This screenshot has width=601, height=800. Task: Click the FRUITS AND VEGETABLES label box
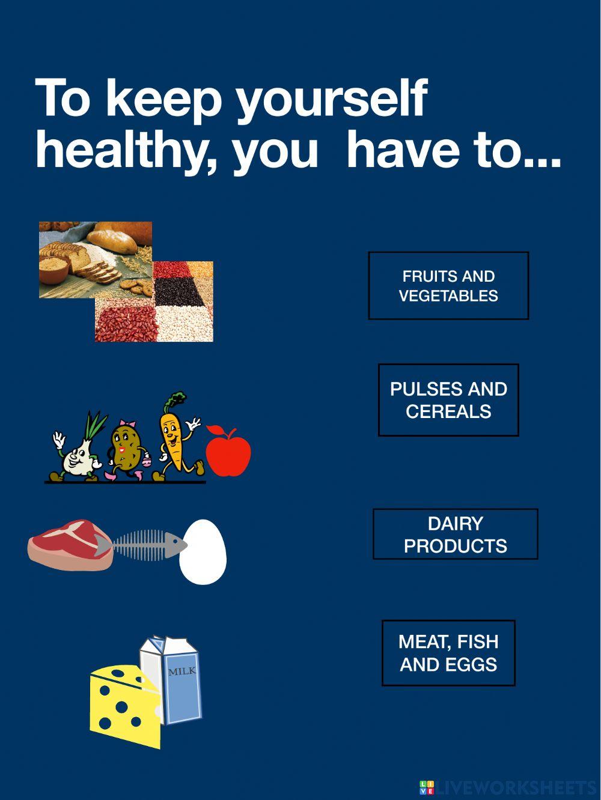coord(448,285)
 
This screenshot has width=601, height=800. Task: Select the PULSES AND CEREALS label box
coord(448,400)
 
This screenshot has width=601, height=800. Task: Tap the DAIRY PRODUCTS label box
coord(455,535)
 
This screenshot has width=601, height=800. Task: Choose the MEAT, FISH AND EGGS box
coord(448,653)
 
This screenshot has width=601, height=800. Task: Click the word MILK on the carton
coord(182,671)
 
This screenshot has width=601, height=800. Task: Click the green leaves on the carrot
coord(177,400)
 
